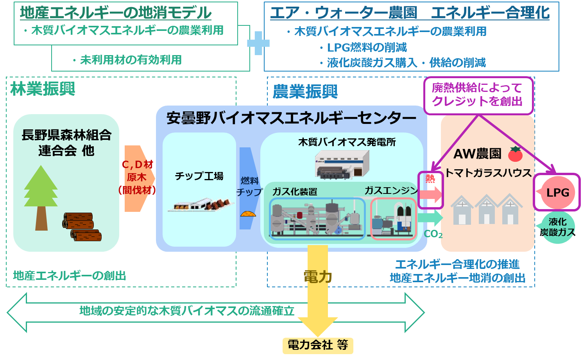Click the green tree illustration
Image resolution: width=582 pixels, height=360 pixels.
click(x=41, y=195)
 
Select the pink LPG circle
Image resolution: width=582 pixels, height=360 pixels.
click(x=558, y=193)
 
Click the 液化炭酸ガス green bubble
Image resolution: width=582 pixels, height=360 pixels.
click(x=557, y=227)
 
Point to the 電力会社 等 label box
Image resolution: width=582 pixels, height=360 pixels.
click(x=318, y=345)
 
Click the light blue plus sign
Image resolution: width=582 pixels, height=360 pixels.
click(x=258, y=43)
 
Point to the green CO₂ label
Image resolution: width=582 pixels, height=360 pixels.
click(x=433, y=234)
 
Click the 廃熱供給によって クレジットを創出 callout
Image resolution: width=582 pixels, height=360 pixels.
click(x=478, y=95)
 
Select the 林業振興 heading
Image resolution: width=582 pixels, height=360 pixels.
click(x=43, y=89)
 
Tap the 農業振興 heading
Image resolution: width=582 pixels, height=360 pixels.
click(x=305, y=92)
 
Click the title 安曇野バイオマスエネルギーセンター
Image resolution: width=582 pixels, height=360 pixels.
click(x=291, y=118)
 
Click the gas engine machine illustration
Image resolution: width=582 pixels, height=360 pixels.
click(x=393, y=219)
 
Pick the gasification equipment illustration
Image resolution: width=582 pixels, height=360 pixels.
click(x=317, y=219)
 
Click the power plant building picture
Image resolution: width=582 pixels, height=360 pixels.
click(x=342, y=165)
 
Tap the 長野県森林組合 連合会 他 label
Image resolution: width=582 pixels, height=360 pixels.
click(x=66, y=143)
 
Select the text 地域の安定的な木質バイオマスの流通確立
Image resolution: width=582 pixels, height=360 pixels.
click(x=187, y=311)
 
